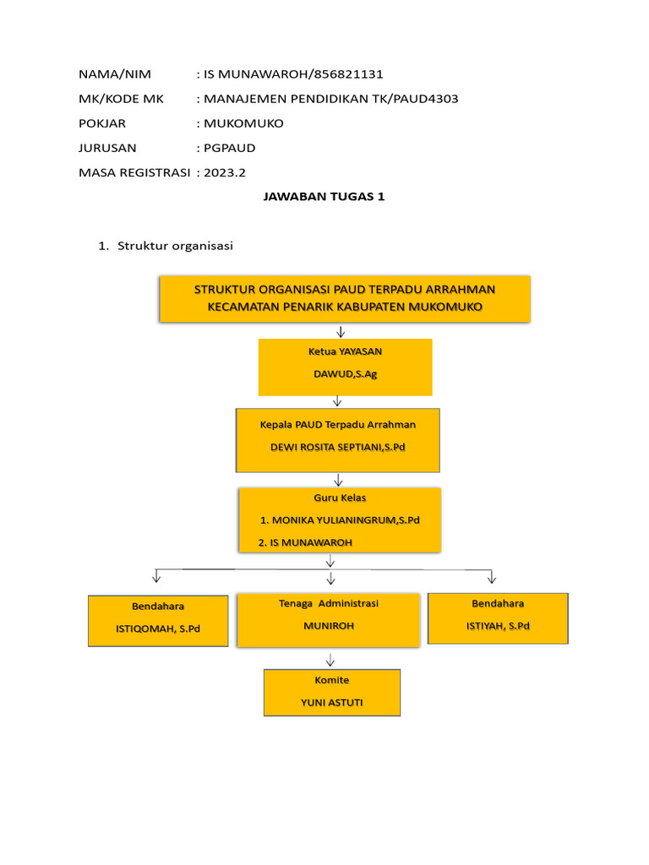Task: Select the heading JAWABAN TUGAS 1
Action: pos(324,197)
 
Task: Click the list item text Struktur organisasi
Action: pos(176,247)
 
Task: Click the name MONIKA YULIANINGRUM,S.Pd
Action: pos(341,520)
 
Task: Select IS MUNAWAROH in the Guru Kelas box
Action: pos(305,541)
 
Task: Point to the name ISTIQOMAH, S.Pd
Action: pos(158,628)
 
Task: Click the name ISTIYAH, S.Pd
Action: pos(498,626)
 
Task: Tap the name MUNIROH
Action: pos(329,626)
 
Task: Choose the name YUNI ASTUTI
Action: pos(331,702)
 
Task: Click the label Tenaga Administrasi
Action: pos(329,603)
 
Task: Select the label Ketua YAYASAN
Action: pos(345,351)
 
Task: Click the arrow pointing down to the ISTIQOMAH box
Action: pos(157,577)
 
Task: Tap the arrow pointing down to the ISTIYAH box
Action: pos(492,577)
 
